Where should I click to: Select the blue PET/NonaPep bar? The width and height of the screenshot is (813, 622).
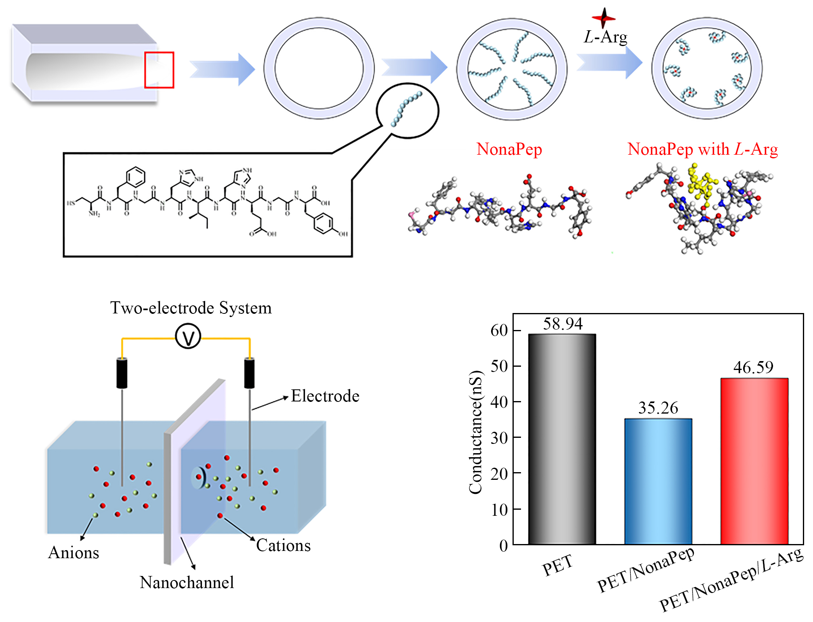tap(658, 481)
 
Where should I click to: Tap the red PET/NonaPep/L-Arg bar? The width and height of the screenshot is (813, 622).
tap(754, 461)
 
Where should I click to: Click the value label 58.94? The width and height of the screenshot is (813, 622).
tap(563, 324)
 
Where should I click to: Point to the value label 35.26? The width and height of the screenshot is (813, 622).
tap(658, 408)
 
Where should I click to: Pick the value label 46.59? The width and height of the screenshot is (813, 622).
tap(753, 368)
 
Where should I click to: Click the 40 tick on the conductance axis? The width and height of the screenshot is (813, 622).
tap(499, 402)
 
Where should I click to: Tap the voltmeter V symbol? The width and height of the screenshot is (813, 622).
tap(188, 337)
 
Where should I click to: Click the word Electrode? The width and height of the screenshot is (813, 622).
tap(325, 396)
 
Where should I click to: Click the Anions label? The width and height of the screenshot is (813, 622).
tap(74, 553)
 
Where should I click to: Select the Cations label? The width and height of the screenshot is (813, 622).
tap(284, 546)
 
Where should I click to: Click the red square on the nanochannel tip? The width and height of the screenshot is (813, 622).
tap(159, 70)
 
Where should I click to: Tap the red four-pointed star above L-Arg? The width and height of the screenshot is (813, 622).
tap(603, 18)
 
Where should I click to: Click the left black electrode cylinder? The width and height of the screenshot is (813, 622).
tap(122, 373)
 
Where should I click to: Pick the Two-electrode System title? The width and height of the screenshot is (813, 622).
tap(191, 308)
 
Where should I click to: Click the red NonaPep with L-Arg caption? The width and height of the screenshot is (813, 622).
tap(702, 149)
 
